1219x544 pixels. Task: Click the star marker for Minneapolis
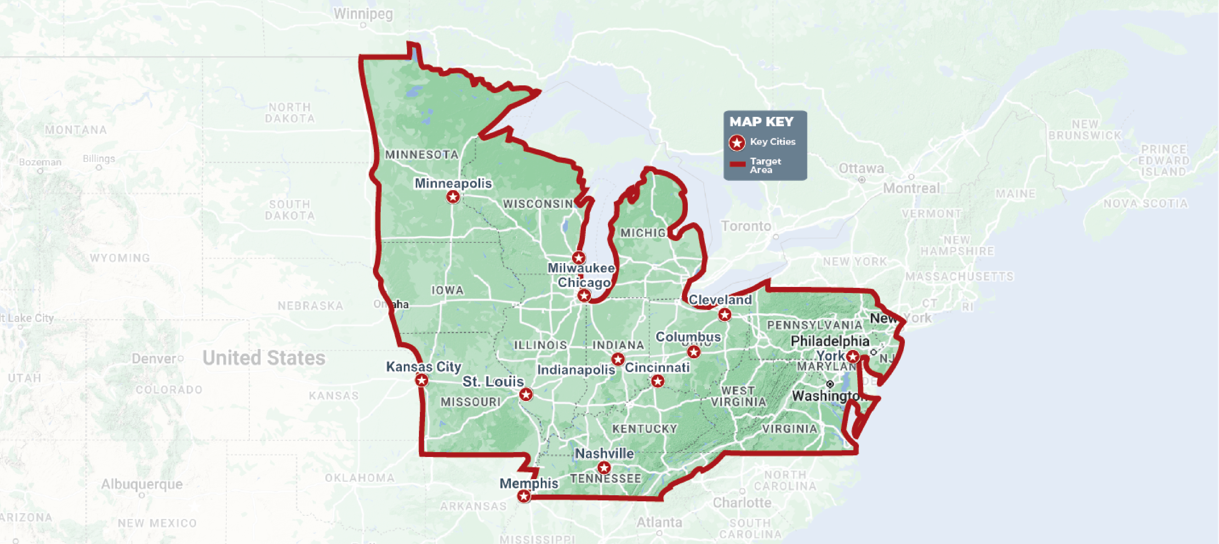pyautogui.click(x=453, y=197)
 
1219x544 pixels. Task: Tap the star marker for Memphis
pyautogui.click(x=523, y=496)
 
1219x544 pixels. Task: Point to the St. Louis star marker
pyautogui.click(x=526, y=394)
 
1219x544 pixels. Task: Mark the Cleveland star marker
pyautogui.click(x=724, y=315)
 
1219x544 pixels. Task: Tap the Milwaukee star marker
pyautogui.click(x=578, y=258)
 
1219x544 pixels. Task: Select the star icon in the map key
pyautogui.click(x=737, y=142)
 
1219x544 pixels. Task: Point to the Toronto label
pyautogui.click(x=746, y=226)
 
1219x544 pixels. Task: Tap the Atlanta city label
pyautogui.click(x=659, y=522)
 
